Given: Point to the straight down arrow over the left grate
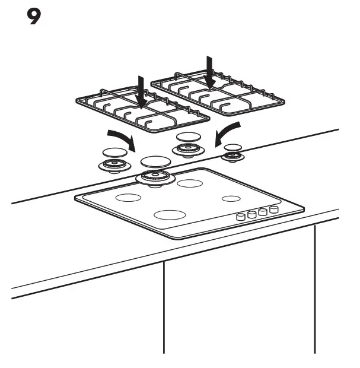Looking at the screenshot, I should (x=140, y=91).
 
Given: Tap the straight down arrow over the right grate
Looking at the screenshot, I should (x=209, y=71).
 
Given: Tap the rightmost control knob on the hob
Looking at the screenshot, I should (x=273, y=210).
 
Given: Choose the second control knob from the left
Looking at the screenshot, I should (x=251, y=215).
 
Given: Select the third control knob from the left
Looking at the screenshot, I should (x=262, y=212).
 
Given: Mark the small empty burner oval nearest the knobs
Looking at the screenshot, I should (x=231, y=198).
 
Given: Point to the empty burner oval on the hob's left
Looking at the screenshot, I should (x=128, y=198).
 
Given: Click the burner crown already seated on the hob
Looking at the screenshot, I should (x=155, y=177).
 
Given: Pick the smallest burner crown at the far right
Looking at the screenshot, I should (x=232, y=157).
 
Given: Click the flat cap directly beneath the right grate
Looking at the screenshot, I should (x=189, y=137).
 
